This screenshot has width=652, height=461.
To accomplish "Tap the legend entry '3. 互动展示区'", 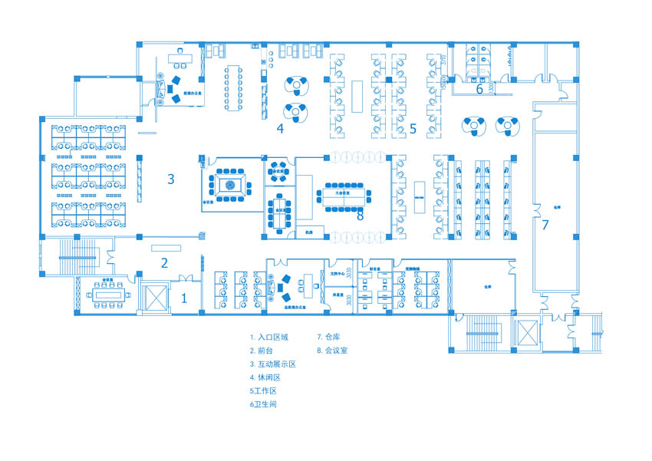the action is click(x=272, y=364).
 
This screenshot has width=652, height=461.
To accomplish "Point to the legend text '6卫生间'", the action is click(x=262, y=403).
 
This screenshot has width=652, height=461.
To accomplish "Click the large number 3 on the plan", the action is click(x=171, y=179).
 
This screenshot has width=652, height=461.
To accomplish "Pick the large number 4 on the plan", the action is click(x=280, y=129).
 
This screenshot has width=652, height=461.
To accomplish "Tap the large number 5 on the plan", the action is click(x=412, y=129).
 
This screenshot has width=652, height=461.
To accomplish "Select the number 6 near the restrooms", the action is click(x=479, y=88).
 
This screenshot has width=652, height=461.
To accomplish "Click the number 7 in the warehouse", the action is click(x=545, y=225).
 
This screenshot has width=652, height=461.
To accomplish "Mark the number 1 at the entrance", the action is click(x=183, y=299).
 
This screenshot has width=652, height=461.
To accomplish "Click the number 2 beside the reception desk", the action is click(x=163, y=263).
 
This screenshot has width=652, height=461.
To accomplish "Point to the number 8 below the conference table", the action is click(x=360, y=216).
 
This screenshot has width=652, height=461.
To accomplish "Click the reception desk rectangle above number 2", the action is click(x=166, y=247).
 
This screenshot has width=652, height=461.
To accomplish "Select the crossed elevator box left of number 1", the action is click(x=154, y=297).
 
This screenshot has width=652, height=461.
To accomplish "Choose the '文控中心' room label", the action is click(x=338, y=272).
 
